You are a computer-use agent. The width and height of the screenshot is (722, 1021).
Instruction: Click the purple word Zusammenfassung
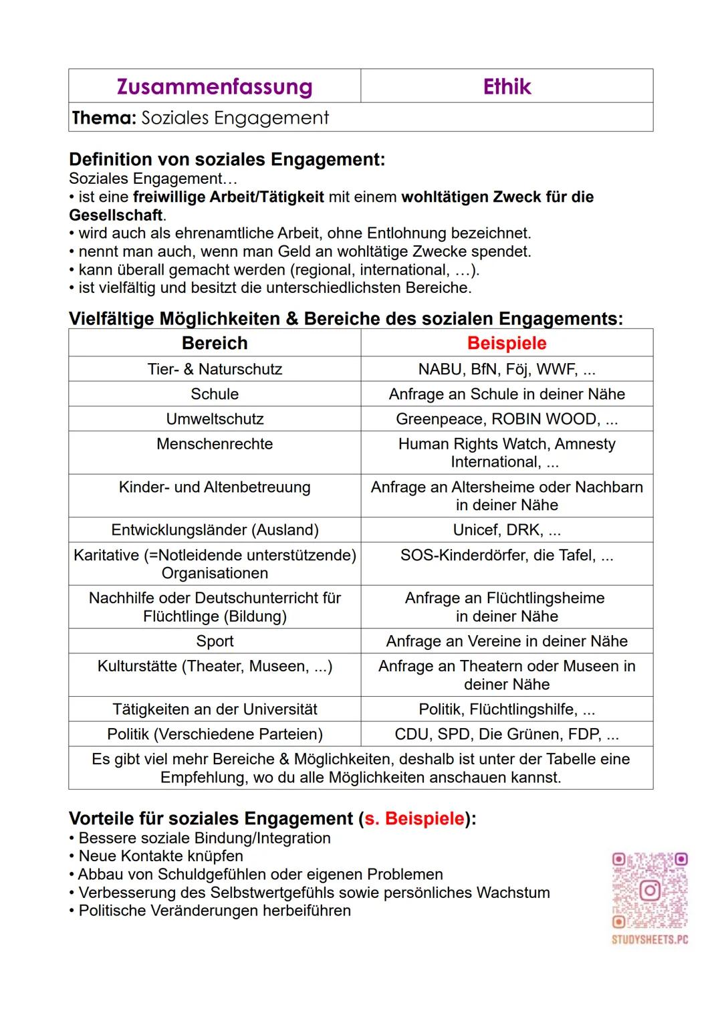tap(215, 87)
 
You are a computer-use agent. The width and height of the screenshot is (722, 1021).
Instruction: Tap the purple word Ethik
tap(507, 87)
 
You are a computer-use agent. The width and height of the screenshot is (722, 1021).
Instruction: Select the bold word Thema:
tap(104, 118)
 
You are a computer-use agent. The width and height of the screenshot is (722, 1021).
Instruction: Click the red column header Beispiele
tap(507, 343)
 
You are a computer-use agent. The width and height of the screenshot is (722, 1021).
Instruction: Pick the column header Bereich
tap(215, 343)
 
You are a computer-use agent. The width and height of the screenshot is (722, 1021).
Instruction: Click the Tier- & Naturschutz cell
tap(215, 369)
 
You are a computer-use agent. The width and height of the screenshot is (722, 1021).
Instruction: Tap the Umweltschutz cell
tap(215, 419)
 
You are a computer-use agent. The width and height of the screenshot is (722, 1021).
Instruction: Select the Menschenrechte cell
tap(215, 444)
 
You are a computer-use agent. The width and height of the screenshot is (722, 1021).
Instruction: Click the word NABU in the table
tap(440, 369)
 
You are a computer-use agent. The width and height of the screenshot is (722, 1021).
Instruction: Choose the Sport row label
tap(215, 641)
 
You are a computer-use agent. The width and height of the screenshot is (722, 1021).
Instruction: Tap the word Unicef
tap(475, 530)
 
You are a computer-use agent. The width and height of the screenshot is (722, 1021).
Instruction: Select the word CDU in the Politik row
tap(412, 734)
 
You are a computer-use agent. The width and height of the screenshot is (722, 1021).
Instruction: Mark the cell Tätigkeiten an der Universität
tap(215, 709)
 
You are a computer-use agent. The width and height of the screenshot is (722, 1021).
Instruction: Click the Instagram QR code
tap(650, 890)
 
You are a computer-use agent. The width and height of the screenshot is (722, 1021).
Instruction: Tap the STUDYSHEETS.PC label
tap(650, 939)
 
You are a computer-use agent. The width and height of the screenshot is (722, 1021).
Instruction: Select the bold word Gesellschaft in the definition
tap(116, 215)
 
